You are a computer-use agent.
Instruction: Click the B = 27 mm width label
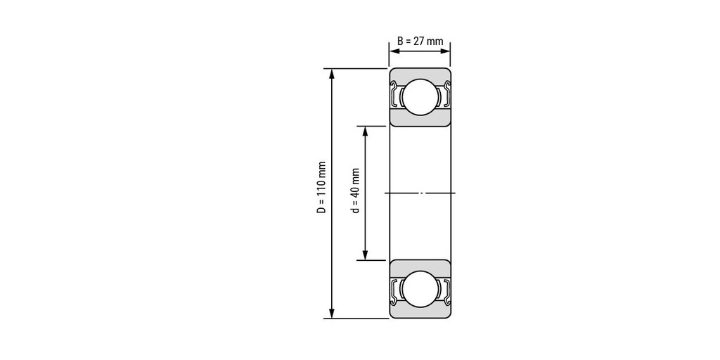tap(420, 41)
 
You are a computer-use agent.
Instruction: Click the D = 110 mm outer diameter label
tap(321, 187)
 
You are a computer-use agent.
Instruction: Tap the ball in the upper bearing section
tap(420, 97)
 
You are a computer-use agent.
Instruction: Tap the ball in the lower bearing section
tap(420, 289)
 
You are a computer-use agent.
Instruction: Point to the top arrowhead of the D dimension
tap(332, 73)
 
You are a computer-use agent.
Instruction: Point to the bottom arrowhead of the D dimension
tap(332, 313)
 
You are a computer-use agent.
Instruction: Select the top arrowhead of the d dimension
tap(366, 131)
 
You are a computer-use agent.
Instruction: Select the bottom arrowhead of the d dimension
tap(366, 255)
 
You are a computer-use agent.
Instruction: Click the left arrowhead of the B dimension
tap(394, 51)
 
